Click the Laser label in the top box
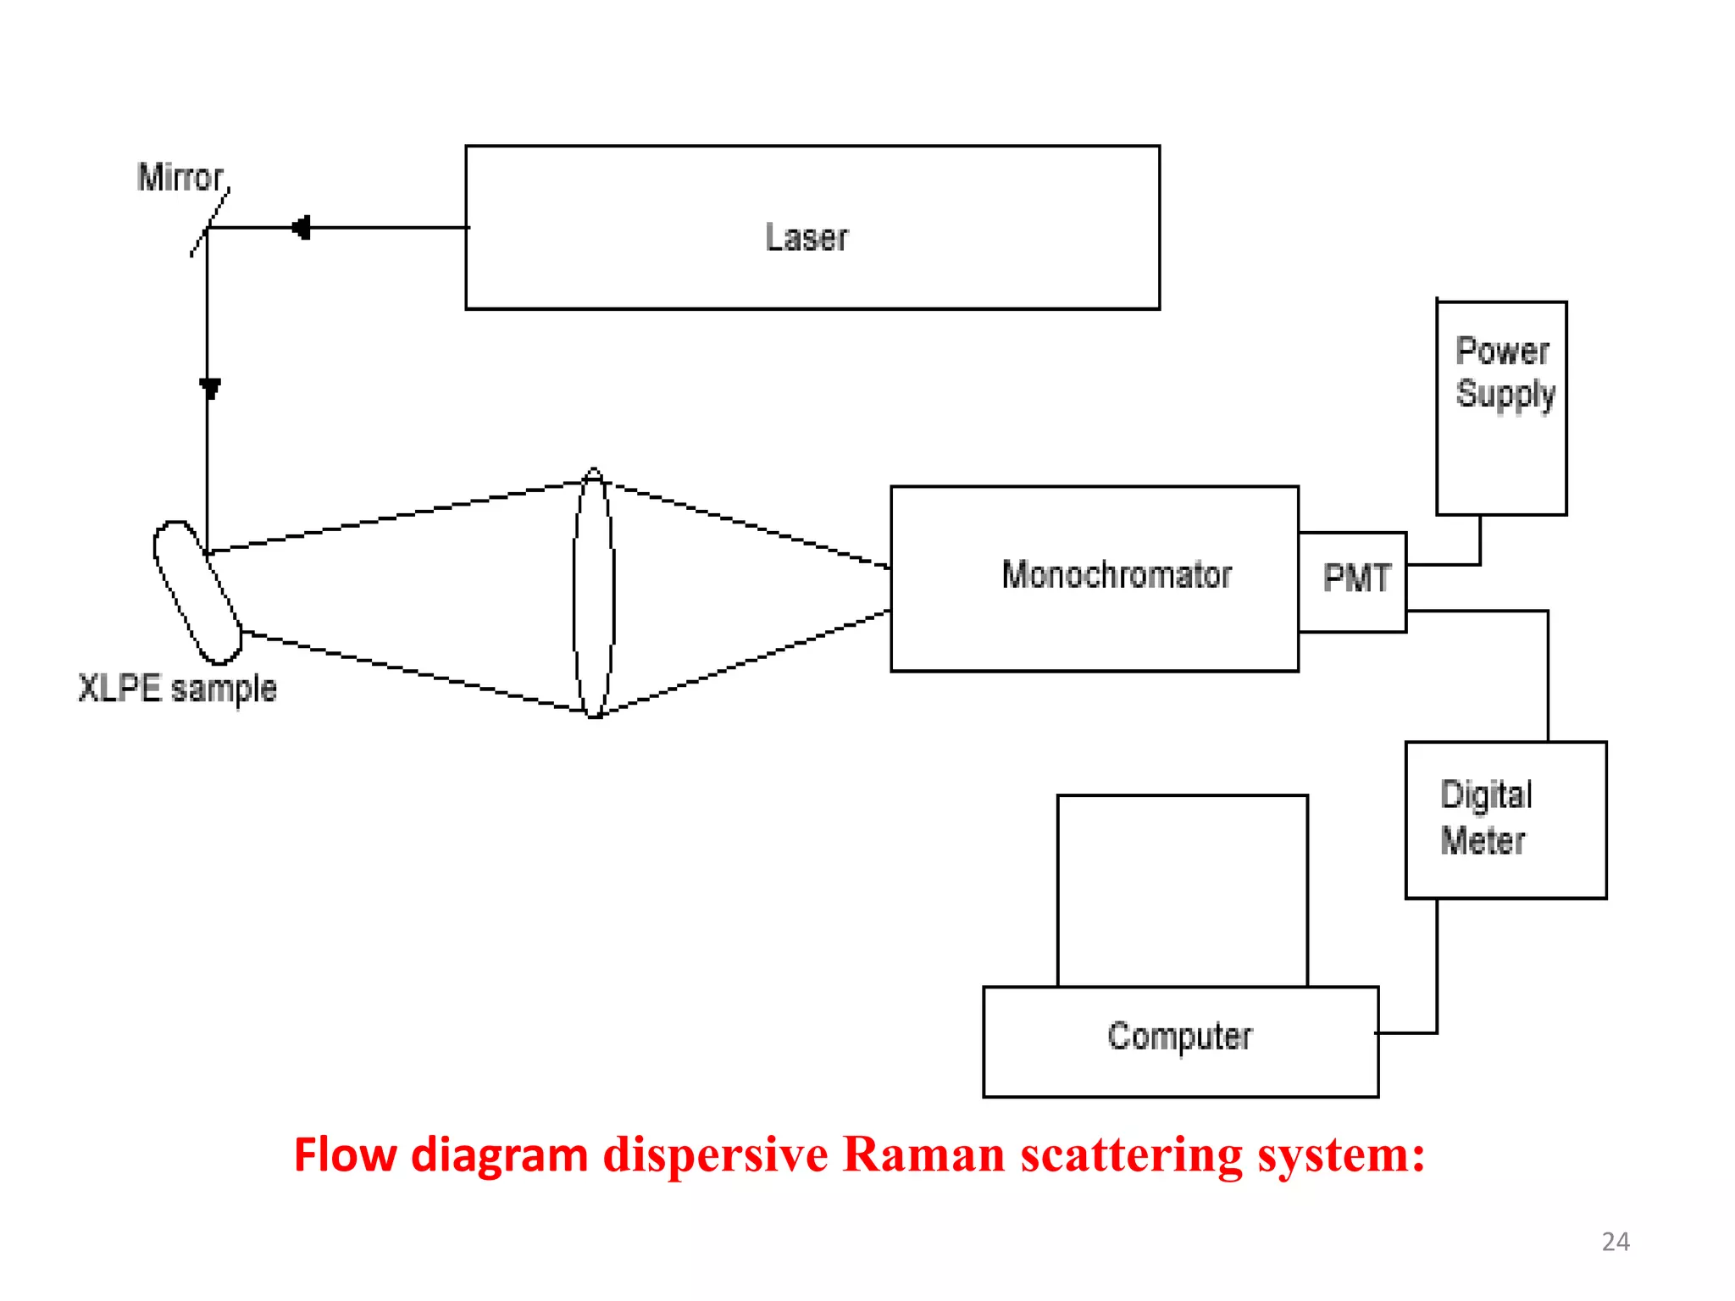[x=806, y=237]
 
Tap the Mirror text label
[x=180, y=178]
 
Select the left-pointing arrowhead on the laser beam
[x=301, y=228]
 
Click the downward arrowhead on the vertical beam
[x=209, y=389]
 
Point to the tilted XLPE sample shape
[x=197, y=592]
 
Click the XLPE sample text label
[x=177, y=689]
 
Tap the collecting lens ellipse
[x=594, y=593]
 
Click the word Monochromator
[x=1116, y=575]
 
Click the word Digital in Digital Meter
[x=1486, y=795]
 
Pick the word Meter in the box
[x=1483, y=841]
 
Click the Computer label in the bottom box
[x=1179, y=1037]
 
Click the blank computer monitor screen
[x=1182, y=889]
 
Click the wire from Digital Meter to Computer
[x=1437, y=974]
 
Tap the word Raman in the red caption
[x=923, y=1155]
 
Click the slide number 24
[x=1615, y=1242]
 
